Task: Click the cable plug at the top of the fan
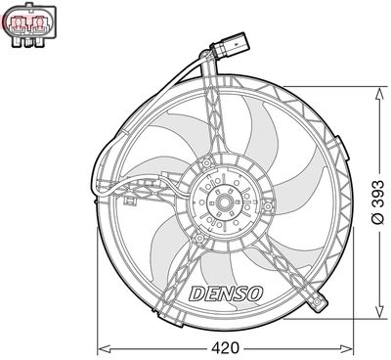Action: [x=228, y=47]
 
